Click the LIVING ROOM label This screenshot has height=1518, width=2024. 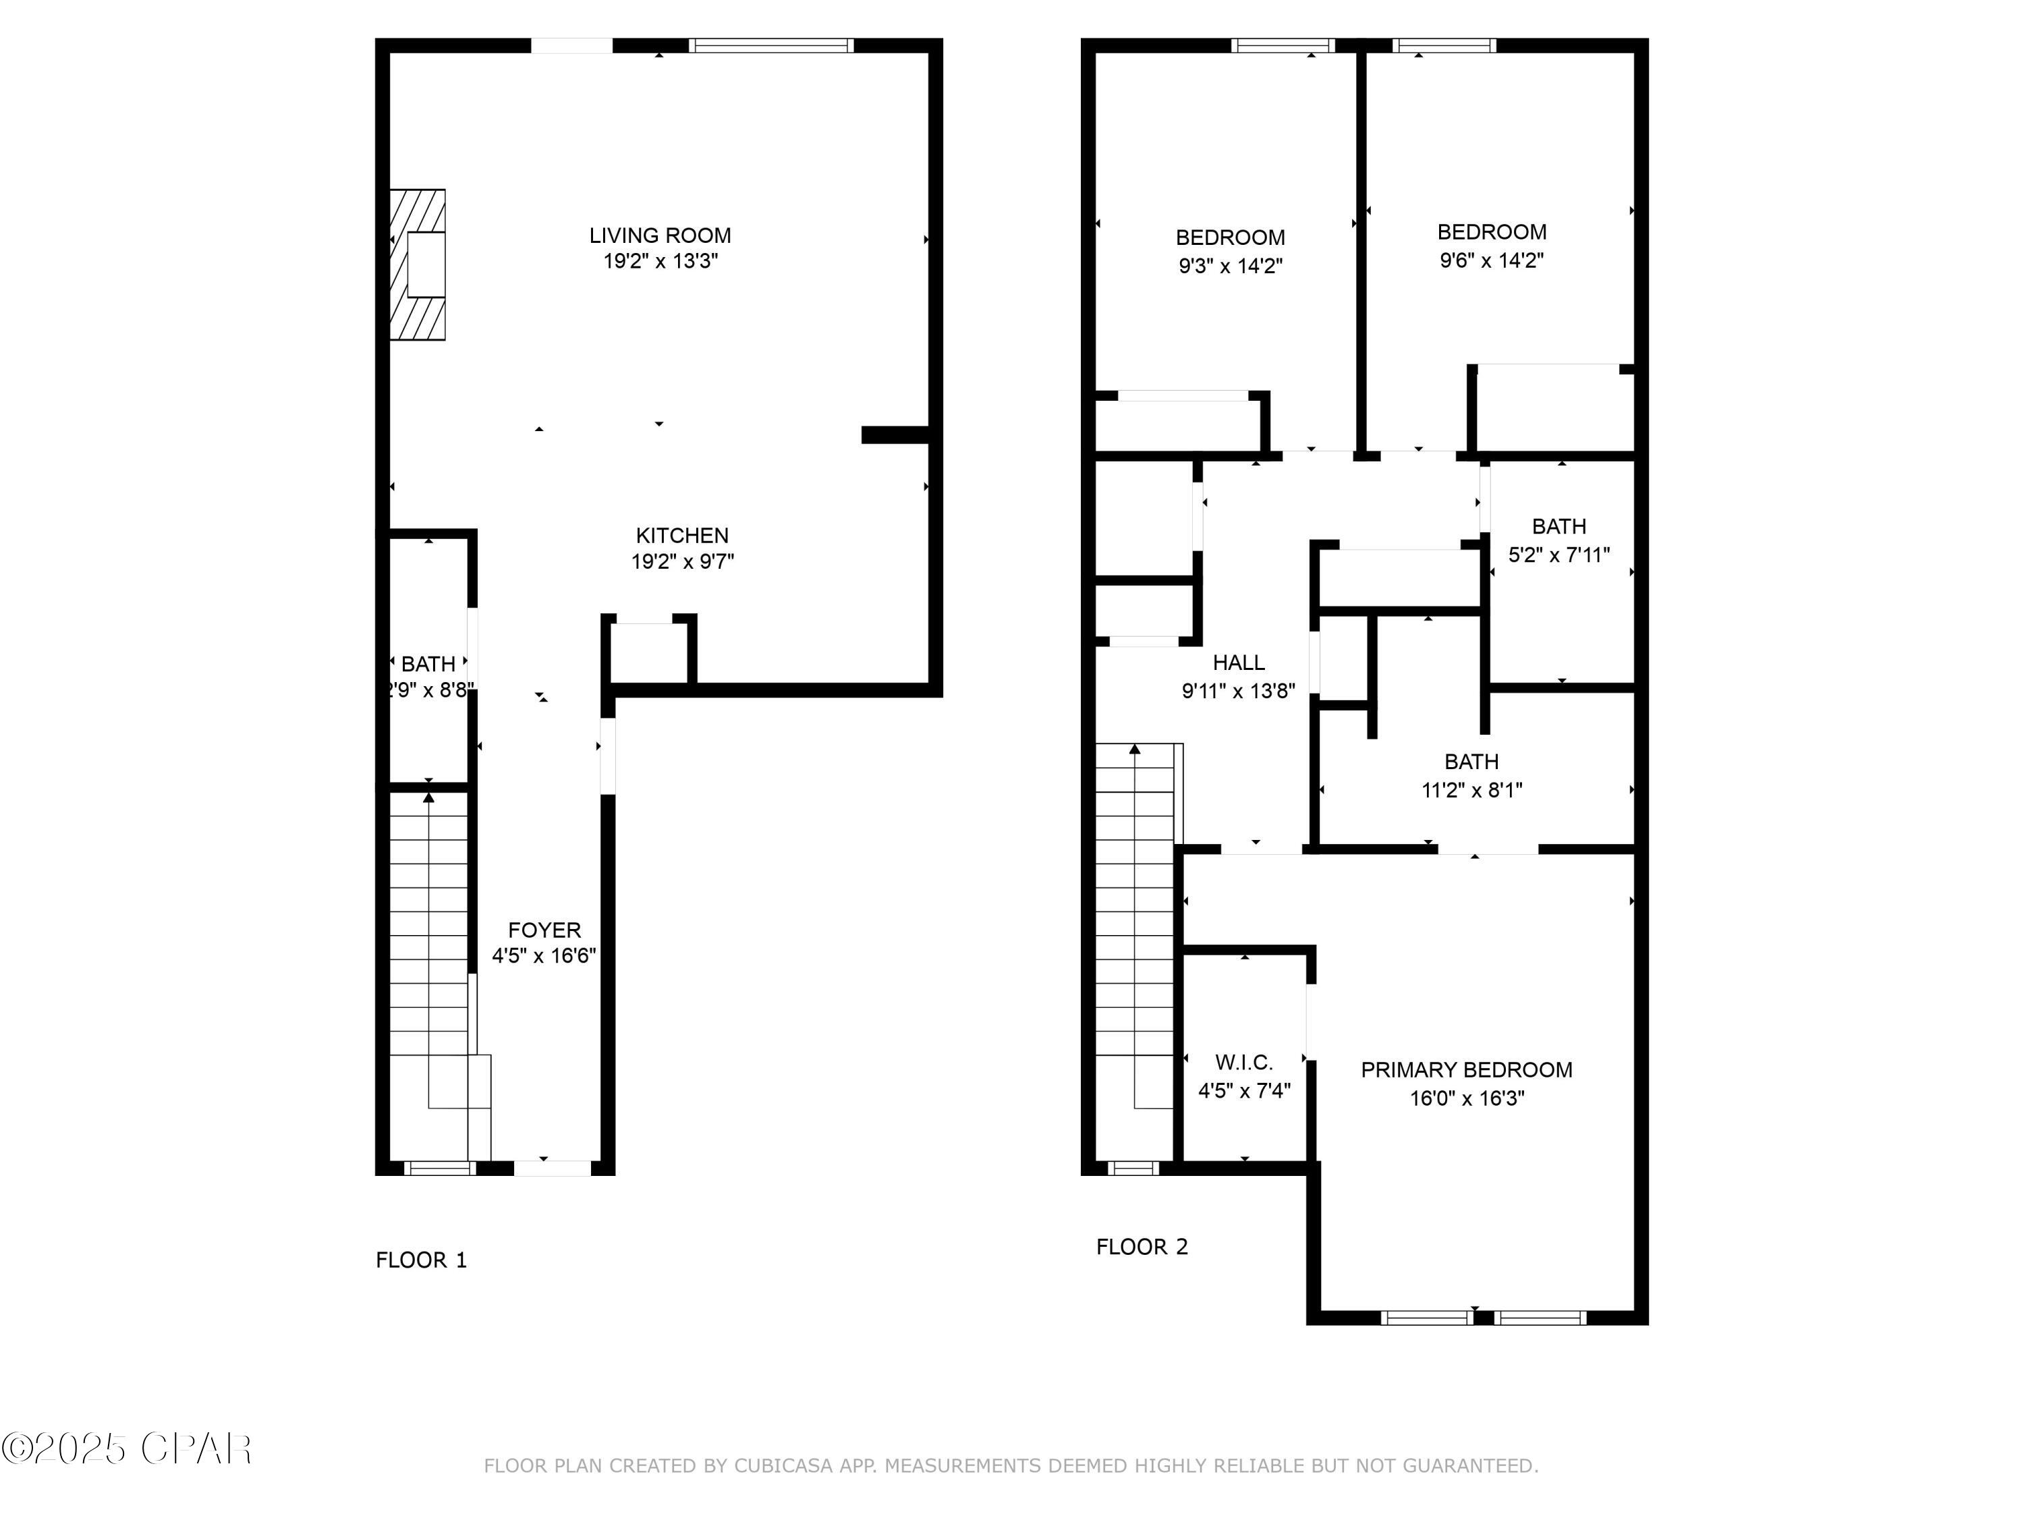click(x=660, y=235)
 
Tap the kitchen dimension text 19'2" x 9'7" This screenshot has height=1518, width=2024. click(x=683, y=561)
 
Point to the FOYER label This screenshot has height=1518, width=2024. click(x=544, y=930)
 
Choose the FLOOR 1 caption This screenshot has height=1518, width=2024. click(x=421, y=1260)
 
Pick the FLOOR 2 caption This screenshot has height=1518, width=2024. click(x=1142, y=1246)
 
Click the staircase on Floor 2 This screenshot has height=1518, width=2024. click(x=1135, y=915)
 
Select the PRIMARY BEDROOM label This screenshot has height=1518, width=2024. click(x=1466, y=1069)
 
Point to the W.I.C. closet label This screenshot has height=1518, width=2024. click(x=1243, y=1063)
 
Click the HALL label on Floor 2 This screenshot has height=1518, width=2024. click(x=1239, y=663)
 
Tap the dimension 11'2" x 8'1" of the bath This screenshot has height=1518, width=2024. click(x=1471, y=789)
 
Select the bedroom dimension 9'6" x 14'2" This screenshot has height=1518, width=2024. click(x=1492, y=260)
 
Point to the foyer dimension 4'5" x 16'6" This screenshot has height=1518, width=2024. click(x=544, y=956)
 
